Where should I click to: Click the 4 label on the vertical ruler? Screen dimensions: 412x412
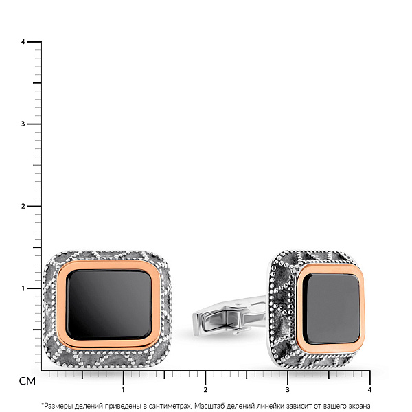(x=23, y=42)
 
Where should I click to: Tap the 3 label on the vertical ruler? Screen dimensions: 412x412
(x=23, y=124)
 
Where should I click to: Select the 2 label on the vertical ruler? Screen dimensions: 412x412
(x=23, y=206)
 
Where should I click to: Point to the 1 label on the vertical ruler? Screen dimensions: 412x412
(x=23, y=288)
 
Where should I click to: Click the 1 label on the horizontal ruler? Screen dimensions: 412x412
(x=123, y=390)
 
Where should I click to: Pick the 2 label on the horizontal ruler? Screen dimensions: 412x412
(x=205, y=390)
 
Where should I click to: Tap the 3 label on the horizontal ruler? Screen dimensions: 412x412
(x=288, y=390)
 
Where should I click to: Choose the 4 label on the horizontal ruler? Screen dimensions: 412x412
(x=369, y=390)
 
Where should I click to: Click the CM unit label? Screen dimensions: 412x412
(x=27, y=381)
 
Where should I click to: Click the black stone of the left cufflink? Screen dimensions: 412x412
(x=108, y=305)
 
